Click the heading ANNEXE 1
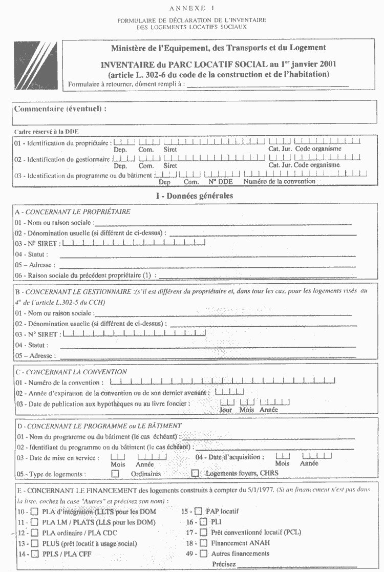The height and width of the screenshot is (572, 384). tap(191, 9)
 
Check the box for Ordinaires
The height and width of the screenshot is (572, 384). tap(115, 474)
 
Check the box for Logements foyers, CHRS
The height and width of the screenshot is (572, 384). tap(195, 474)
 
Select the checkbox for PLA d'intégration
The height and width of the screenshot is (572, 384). tap(34, 512)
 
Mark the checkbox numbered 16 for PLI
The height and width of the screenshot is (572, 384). tap(203, 522)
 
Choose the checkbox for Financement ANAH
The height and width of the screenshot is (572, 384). tap(203, 543)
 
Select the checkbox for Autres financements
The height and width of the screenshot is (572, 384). tap(203, 554)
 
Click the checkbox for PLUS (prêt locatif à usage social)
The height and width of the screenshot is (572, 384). tap(34, 543)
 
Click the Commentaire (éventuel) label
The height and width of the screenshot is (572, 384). tap(60, 109)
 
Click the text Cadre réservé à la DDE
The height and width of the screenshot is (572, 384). tap(46, 132)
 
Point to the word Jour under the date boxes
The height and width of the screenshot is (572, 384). tap(225, 410)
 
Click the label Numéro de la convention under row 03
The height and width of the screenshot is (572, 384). tap(280, 181)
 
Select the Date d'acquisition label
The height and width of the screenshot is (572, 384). tap(230, 457)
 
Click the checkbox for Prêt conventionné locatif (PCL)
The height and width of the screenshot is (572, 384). tap(203, 533)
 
